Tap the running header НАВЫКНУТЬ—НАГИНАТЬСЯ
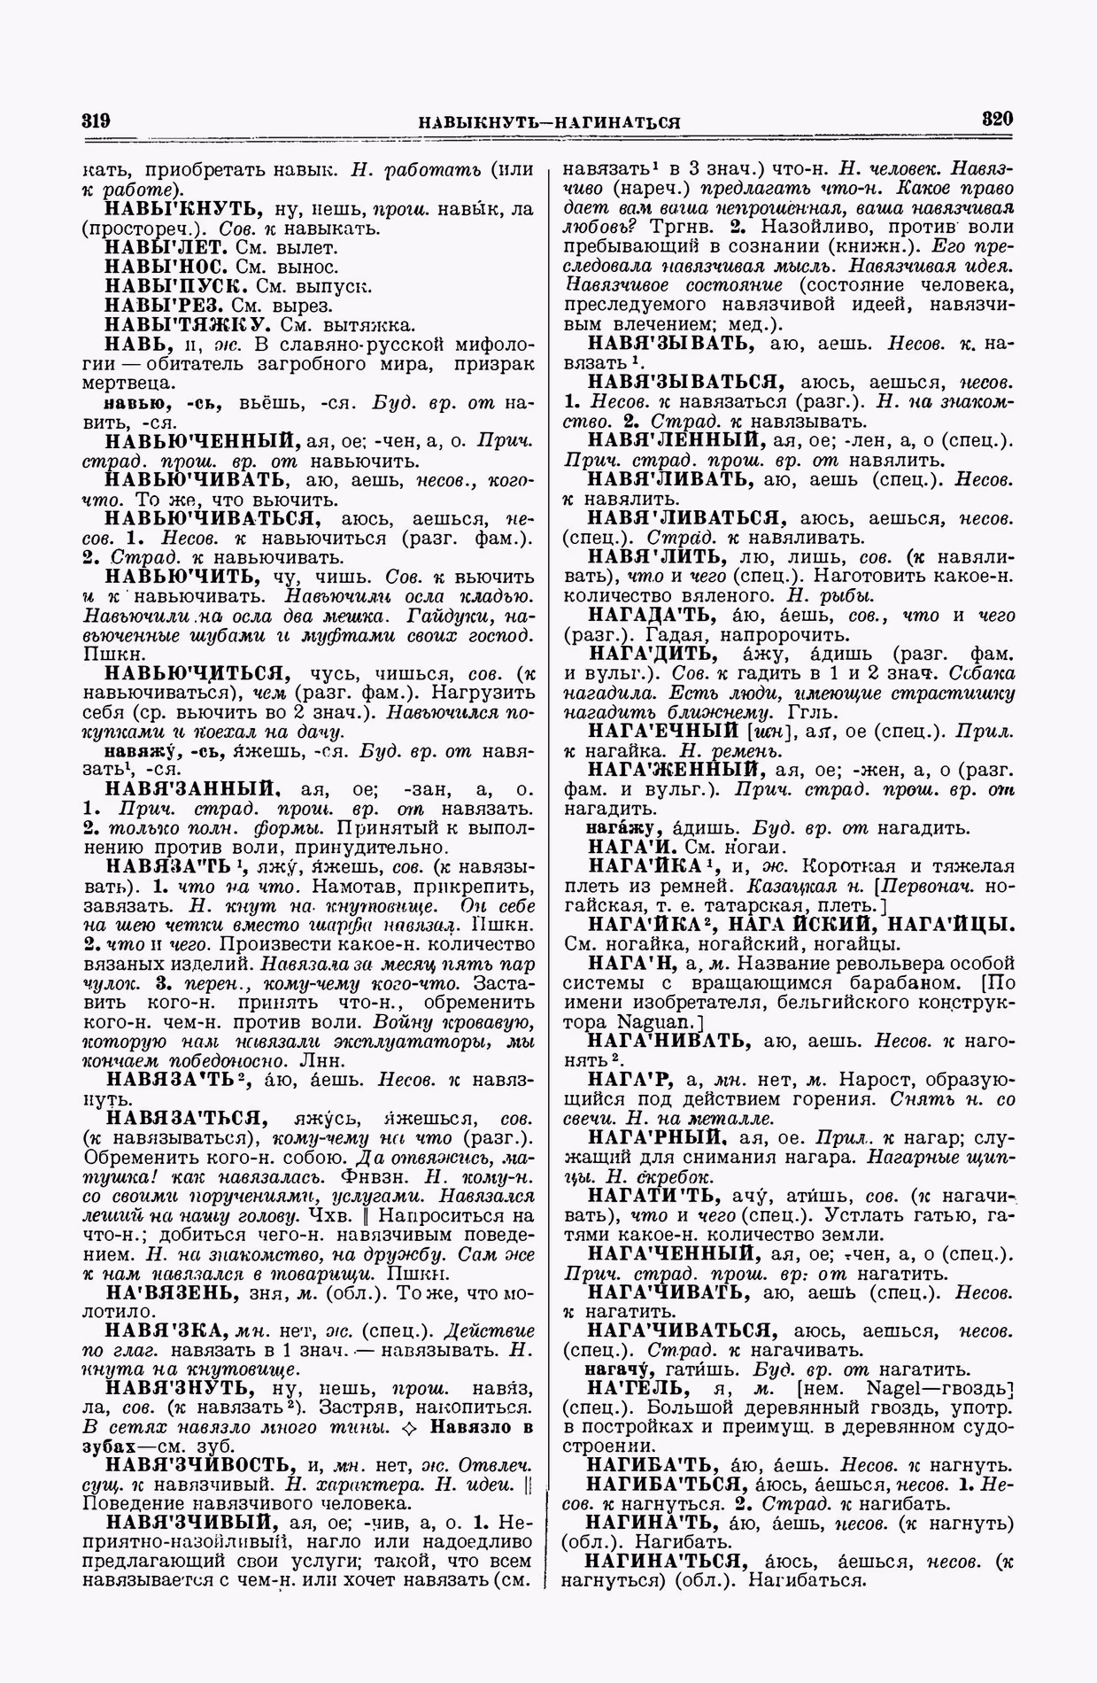pyautogui.click(x=549, y=122)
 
